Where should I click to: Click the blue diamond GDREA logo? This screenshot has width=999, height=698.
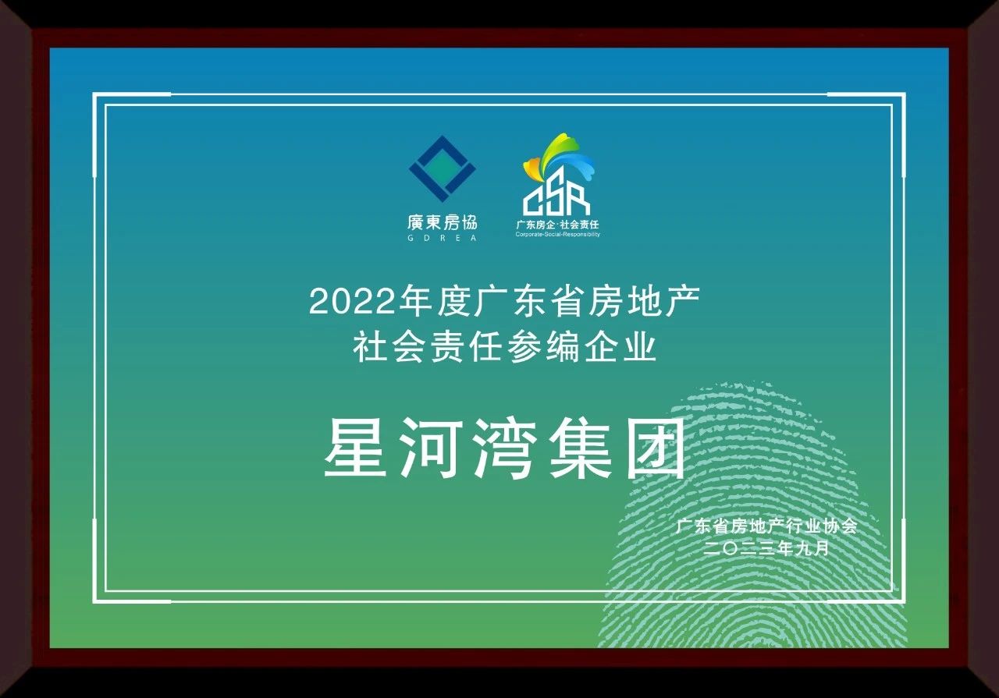(x=442, y=169)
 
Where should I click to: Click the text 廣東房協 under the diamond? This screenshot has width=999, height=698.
(x=442, y=222)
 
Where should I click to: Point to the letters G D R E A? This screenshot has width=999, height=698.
(x=442, y=238)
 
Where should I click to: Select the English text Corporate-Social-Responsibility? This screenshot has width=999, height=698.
(x=557, y=235)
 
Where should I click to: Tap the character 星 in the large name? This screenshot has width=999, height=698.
(x=354, y=448)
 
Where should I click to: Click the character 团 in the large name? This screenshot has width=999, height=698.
(x=656, y=448)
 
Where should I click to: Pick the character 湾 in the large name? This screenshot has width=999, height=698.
(x=505, y=448)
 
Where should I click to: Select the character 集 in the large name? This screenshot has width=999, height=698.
(x=580, y=448)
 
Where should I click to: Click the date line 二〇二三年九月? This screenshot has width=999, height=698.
(x=766, y=548)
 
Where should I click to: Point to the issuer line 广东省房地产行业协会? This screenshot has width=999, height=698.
(x=766, y=526)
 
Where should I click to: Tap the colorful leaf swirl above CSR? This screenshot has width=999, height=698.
(x=560, y=158)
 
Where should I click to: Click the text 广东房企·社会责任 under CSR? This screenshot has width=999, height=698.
(x=557, y=224)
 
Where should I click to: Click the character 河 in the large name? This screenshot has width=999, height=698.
(x=430, y=448)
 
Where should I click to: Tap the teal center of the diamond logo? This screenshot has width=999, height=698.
(x=442, y=169)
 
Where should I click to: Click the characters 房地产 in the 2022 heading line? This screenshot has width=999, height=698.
(x=644, y=302)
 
